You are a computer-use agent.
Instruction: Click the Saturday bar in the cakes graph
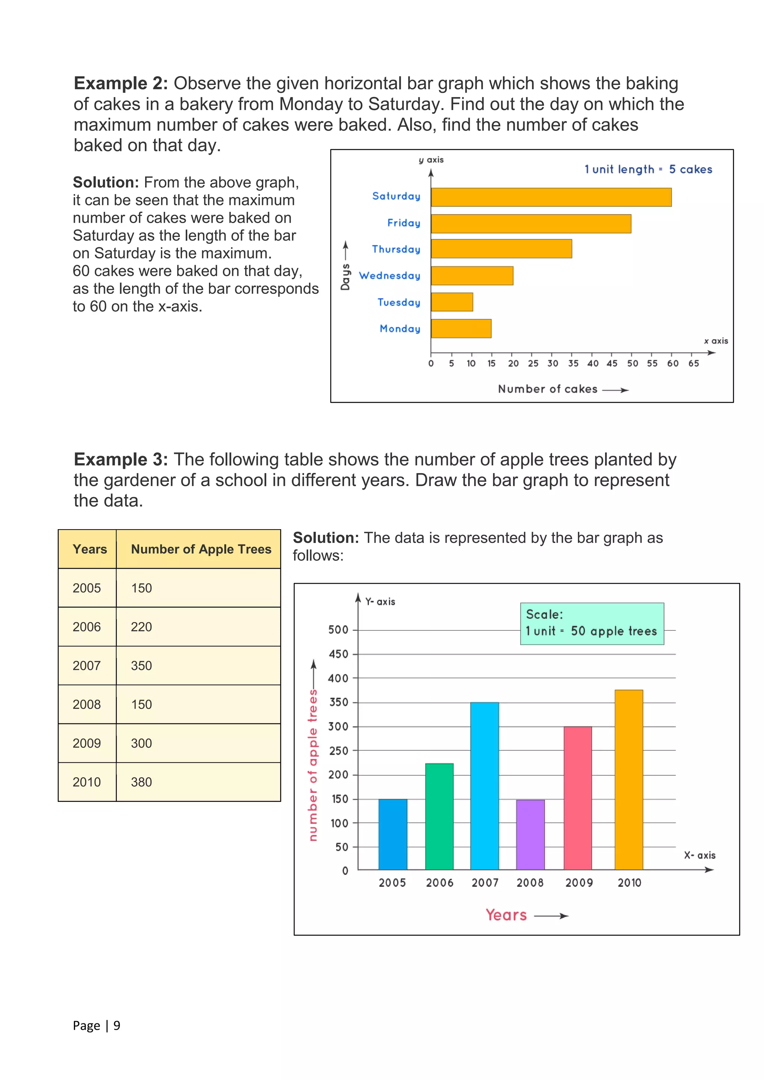(x=551, y=197)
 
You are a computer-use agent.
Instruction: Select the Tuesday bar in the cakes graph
(x=452, y=302)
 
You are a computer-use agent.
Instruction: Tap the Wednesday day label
(x=389, y=276)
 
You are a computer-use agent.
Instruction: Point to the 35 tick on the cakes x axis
(x=573, y=363)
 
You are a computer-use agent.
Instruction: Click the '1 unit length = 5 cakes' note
(x=648, y=169)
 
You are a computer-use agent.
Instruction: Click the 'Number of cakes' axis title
(x=548, y=389)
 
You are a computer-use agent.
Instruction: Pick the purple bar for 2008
(x=530, y=835)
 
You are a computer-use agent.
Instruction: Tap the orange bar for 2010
(x=629, y=779)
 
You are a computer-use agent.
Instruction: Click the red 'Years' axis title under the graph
(x=506, y=915)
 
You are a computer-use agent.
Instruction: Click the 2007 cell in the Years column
(x=87, y=666)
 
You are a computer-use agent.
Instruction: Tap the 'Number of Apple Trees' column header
(x=201, y=549)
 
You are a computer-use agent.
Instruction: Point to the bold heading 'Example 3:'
(x=121, y=459)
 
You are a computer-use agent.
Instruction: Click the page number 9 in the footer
(x=117, y=1026)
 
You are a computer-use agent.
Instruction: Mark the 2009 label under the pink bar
(x=579, y=883)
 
